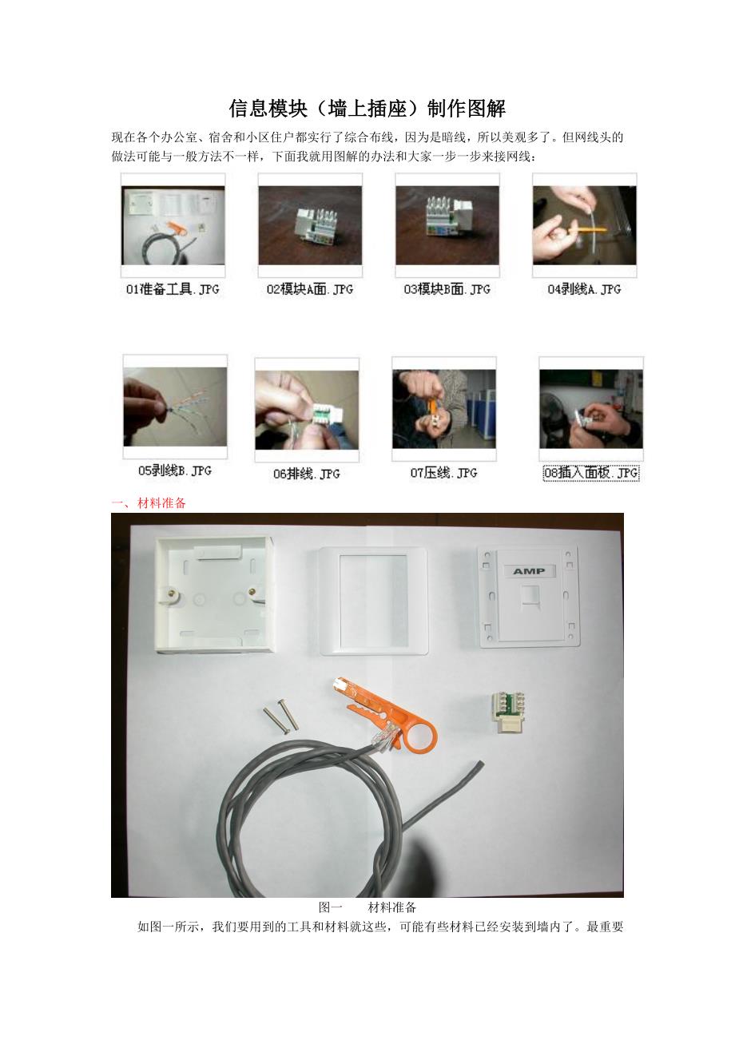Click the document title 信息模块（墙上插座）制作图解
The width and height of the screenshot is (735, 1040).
367,109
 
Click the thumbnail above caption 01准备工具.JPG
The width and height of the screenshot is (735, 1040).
173,225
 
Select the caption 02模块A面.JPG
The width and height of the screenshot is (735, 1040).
310,289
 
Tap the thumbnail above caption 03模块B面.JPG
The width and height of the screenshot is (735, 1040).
447,225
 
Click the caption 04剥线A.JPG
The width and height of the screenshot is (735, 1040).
584,289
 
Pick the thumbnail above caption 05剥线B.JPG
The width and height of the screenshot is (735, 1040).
175,407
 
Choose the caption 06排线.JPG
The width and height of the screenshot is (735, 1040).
307,474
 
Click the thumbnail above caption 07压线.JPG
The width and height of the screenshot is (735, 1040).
444,409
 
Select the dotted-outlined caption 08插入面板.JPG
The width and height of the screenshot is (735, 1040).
591,473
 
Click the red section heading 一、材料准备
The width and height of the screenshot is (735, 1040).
149,502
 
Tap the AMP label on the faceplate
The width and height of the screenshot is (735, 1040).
529,571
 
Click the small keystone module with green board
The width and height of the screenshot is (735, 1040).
508,713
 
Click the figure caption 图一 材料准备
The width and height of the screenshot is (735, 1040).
367,907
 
